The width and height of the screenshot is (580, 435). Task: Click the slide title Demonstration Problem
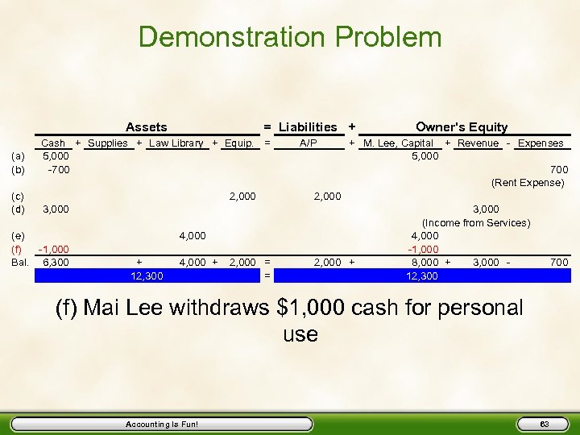290,37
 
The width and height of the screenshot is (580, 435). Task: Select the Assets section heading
147,127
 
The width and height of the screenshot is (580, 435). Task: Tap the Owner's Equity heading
462,127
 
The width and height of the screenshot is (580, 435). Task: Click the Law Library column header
176,143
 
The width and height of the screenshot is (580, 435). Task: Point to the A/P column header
308,143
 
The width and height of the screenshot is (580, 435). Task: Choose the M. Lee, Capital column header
399,143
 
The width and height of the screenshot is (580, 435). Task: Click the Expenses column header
541,143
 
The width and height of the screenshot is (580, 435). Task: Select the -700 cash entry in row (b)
58,170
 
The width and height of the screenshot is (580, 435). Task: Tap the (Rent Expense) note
528,183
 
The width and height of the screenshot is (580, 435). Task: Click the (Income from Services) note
476,222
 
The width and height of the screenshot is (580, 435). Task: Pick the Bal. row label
18,263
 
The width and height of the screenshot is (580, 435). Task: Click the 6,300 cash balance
56,263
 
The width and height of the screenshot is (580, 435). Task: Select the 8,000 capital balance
425,263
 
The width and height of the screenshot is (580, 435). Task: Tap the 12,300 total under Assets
147,276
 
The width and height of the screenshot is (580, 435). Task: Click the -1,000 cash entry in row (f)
54,250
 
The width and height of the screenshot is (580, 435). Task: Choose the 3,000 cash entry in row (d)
56,209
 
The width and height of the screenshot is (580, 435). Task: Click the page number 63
544,424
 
